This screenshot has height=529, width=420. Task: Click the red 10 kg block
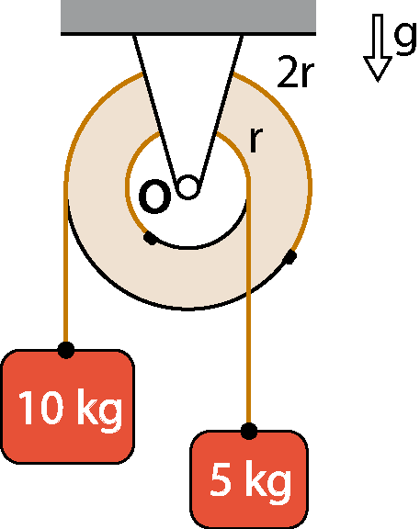coord(68,407)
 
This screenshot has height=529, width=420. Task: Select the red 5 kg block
coord(249,479)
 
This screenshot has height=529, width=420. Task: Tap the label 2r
coord(295,72)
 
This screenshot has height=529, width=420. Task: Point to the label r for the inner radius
coord(255,140)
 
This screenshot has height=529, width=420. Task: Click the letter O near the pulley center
coord(154,197)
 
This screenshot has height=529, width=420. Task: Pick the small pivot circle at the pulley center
coord(187,186)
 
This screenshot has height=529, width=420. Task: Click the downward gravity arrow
coord(378,48)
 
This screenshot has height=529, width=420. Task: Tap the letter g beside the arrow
coord(404,38)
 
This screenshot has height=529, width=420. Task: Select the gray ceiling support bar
coord(188,17)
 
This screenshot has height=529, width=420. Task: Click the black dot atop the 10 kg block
coord(66,350)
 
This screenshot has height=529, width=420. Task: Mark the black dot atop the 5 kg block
coord(249,431)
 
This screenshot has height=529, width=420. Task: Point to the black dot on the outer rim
coord(289,257)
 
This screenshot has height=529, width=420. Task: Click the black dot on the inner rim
coord(151,238)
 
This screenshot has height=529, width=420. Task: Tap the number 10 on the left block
coord(41,408)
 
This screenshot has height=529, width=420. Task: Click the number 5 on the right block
coord(221,479)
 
